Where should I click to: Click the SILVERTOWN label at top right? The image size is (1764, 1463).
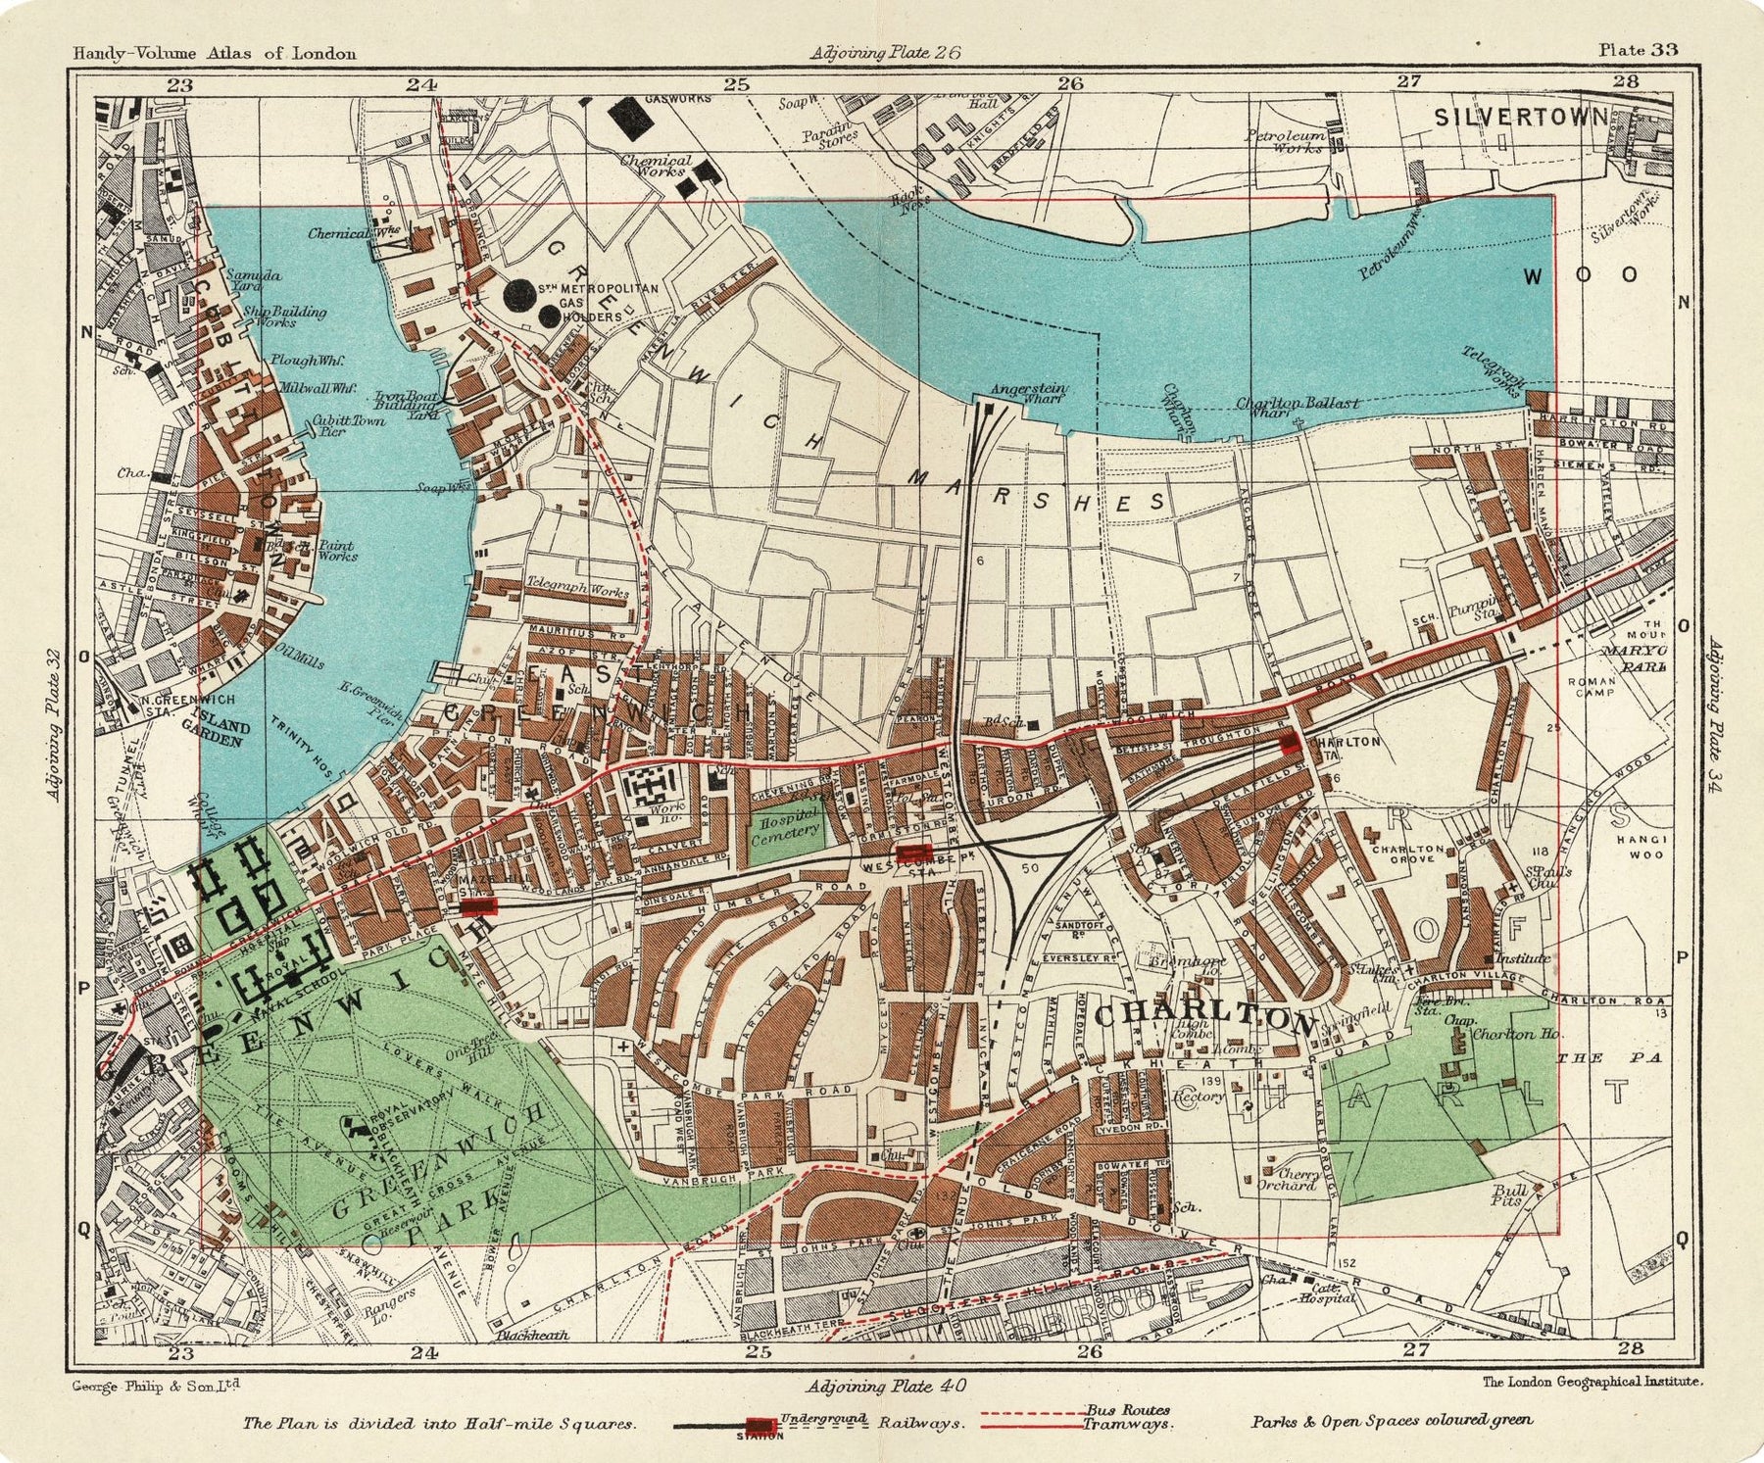1520,118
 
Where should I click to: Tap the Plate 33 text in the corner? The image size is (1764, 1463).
1639,50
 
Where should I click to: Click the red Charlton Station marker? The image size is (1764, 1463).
1291,743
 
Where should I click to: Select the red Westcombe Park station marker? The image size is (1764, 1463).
913,853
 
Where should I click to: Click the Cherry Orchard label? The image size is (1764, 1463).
1288,1179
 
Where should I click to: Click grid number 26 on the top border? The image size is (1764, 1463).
1070,84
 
